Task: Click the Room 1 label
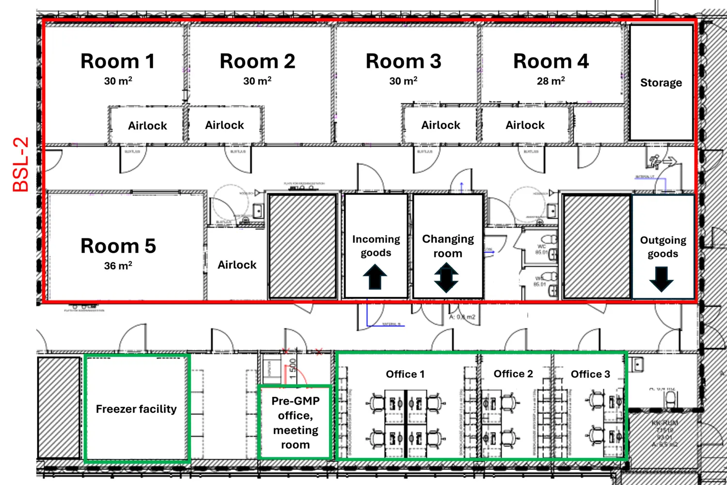pos(117,62)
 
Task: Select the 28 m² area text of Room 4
pos(551,81)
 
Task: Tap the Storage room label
pos(661,83)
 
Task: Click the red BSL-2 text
pos(21,165)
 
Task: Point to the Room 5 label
pos(118,246)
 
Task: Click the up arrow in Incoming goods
pos(375,277)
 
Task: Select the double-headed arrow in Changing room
pos(446,278)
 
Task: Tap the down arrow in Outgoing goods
pos(662,279)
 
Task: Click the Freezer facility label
pos(136,409)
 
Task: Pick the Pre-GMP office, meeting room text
pos(295,422)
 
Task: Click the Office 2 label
pos(513,374)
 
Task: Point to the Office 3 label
pos(590,374)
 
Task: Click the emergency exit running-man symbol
pos(656,161)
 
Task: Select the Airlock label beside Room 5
pos(237,265)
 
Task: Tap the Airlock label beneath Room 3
pos(440,125)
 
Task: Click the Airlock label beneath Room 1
pos(147,126)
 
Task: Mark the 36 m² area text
pos(118,266)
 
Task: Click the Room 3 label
pos(403,62)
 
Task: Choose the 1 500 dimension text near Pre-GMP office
pos(292,369)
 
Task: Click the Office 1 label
pos(405,374)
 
